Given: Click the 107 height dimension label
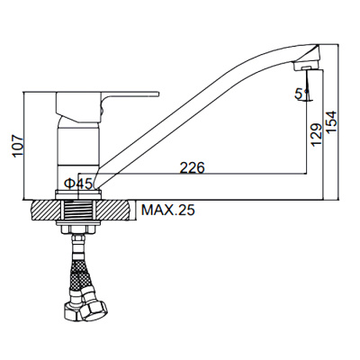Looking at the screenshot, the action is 18,146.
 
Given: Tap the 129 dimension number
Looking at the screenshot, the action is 316,134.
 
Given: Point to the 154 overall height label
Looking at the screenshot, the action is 331,122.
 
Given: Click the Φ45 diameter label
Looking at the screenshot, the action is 78,184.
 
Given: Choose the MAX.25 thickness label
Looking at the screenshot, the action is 168,210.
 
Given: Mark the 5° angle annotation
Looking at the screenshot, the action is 301,94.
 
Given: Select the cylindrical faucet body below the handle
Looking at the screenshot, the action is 78,146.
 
